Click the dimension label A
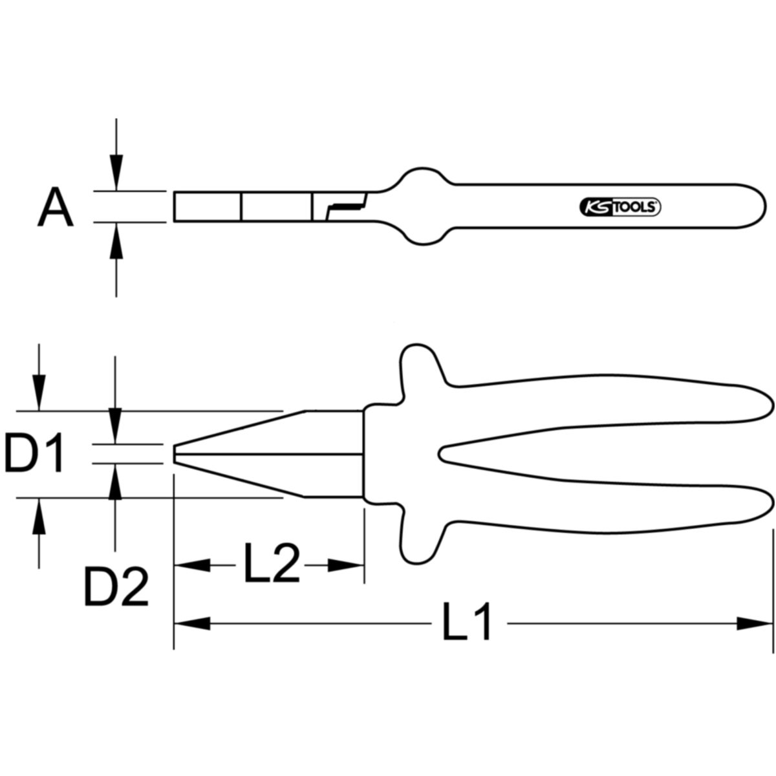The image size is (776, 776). [55, 206]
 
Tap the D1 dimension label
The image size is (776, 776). [34, 452]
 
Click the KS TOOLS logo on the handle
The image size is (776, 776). [620, 207]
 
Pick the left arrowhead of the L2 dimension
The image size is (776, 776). [192, 565]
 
